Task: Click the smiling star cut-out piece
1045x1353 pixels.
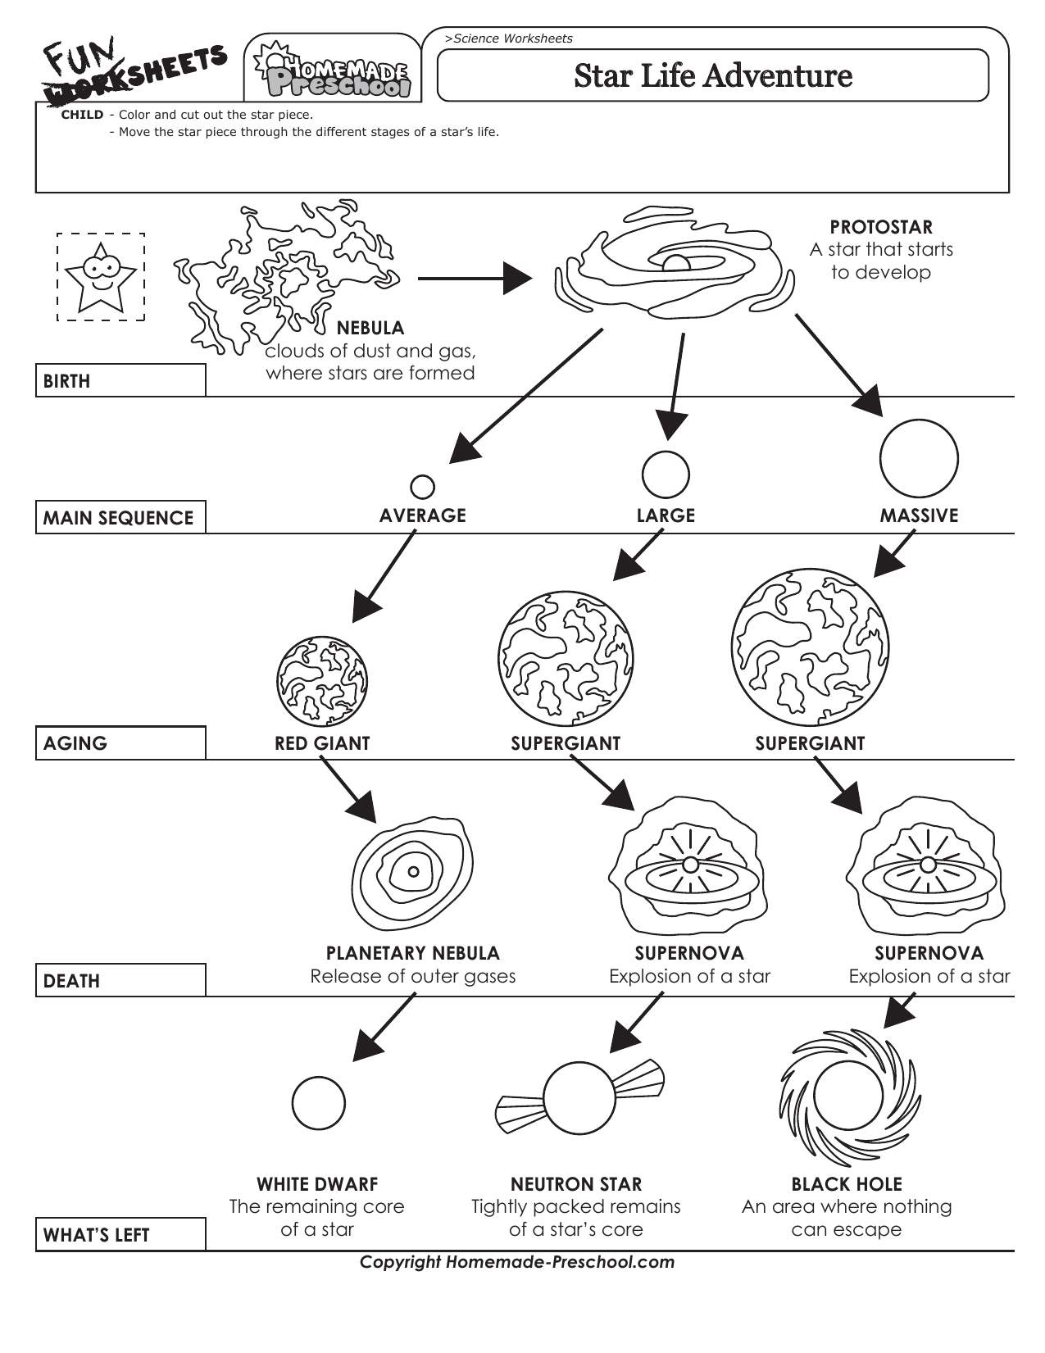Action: [x=101, y=277]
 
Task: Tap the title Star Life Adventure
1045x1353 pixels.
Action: [x=712, y=75]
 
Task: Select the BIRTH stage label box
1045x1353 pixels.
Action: [x=120, y=381]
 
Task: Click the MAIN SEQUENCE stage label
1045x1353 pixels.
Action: [x=120, y=518]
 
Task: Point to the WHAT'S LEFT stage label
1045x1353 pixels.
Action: [x=120, y=1235]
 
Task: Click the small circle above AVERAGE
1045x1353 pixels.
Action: [x=422, y=488]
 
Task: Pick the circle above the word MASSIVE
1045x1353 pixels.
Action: [x=919, y=459]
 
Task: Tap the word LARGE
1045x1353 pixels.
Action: [x=666, y=515]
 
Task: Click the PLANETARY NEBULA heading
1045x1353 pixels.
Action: [x=412, y=953]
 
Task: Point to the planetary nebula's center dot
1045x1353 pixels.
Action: [x=414, y=871]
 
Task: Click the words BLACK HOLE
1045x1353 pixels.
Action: [x=846, y=1184]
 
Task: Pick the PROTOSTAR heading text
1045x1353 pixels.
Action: [x=881, y=227]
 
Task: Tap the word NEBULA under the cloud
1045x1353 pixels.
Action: [x=370, y=329]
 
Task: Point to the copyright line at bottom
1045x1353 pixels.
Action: [x=517, y=1262]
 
